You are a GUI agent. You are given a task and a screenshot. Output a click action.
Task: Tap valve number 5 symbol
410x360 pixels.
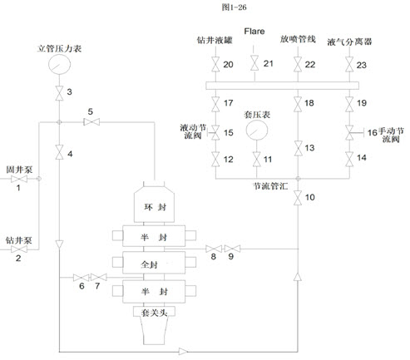pos(91,122)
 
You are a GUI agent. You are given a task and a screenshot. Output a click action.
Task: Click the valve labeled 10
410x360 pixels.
pos(298,198)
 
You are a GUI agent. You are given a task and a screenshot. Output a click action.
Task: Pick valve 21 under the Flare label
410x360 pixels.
pos(254,63)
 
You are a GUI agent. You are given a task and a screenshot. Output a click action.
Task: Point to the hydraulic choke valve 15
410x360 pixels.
pos(215,133)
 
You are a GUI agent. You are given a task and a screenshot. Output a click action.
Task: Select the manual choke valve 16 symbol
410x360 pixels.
pos(350,133)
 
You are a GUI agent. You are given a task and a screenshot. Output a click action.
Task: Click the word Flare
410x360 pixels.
pos(254,31)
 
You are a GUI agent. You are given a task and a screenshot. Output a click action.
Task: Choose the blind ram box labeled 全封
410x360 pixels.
pos(154,263)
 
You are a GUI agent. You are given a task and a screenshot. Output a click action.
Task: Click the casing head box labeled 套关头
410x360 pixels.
pos(154,312)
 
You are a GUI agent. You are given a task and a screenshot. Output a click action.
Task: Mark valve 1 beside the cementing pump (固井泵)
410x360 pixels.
pos(19,179)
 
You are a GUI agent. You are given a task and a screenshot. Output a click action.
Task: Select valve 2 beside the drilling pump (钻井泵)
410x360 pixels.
pos(19,249)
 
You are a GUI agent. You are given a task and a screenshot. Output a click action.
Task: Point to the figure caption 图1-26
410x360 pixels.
pos(234,7)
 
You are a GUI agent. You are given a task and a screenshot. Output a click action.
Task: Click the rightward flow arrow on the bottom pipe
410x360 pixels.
pos(183,352)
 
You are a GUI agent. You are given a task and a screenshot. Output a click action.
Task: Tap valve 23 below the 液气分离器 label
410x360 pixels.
pos(349,64)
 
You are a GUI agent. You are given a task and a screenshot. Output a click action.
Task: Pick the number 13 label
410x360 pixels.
pos(309,148)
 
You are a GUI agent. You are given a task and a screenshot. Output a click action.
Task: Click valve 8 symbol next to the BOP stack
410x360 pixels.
pos(214,249)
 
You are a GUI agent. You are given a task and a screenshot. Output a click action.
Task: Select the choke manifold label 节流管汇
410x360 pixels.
pos(270,186)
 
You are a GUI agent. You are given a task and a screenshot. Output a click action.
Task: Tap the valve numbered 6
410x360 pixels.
pos(81,278)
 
